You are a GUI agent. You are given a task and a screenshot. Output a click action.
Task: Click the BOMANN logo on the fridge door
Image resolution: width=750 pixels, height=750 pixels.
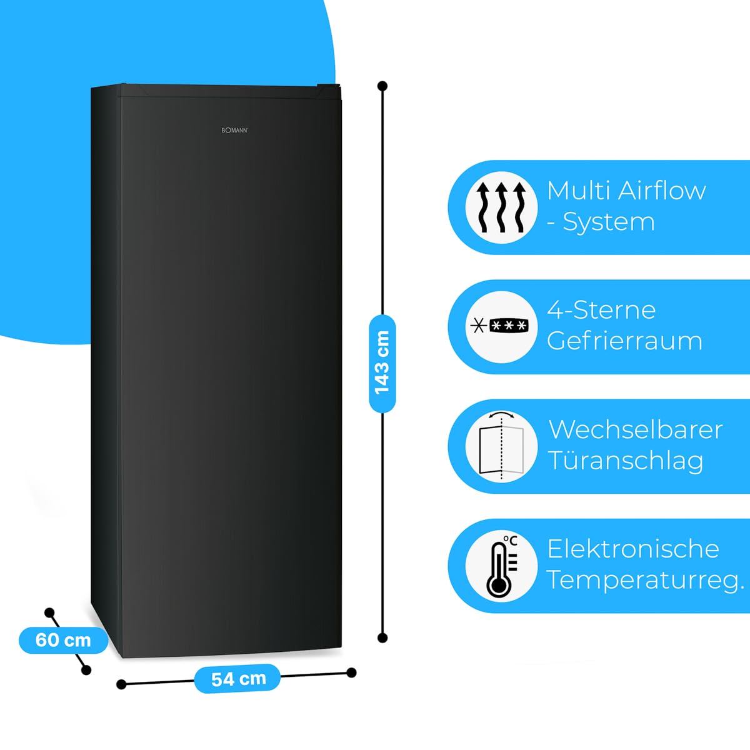(235, 130)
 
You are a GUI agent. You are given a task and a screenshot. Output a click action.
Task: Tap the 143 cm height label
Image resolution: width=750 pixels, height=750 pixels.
(382, 363)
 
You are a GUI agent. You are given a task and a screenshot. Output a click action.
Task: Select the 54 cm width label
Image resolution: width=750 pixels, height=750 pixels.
(238, 679)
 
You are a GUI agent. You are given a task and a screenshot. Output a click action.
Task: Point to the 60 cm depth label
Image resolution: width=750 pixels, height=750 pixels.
(63, 640)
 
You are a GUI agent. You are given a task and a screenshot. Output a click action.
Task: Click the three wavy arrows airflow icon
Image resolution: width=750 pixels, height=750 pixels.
(501, 207)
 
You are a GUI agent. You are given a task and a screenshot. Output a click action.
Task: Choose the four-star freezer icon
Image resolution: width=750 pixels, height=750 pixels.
(501, 326)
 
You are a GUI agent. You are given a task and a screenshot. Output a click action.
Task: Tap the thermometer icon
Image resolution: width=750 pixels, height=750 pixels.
(501, 566)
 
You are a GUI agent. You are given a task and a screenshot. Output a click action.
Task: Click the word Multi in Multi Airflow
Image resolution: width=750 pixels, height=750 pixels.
(576, 191)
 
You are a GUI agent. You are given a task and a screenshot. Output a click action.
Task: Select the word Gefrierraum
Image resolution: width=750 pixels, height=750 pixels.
(624, 341)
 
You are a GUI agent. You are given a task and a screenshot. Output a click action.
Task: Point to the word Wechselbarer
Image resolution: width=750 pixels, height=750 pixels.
(636, 430)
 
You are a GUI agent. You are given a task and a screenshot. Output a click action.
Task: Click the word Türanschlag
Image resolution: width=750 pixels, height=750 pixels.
(626, 461)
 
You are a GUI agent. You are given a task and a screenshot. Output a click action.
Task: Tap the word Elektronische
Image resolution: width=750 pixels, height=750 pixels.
(633, 549)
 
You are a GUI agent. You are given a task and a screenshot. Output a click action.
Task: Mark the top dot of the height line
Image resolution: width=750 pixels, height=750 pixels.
(382, 86)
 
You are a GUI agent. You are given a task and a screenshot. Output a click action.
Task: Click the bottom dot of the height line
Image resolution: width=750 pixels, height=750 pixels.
(382, 638)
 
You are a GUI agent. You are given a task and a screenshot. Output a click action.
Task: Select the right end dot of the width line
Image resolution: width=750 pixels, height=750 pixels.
(351, 672)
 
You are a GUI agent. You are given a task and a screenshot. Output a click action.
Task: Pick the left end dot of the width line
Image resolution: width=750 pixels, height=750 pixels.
(122, 684)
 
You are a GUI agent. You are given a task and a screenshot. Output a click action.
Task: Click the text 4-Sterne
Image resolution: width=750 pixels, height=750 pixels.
(601, 310)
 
